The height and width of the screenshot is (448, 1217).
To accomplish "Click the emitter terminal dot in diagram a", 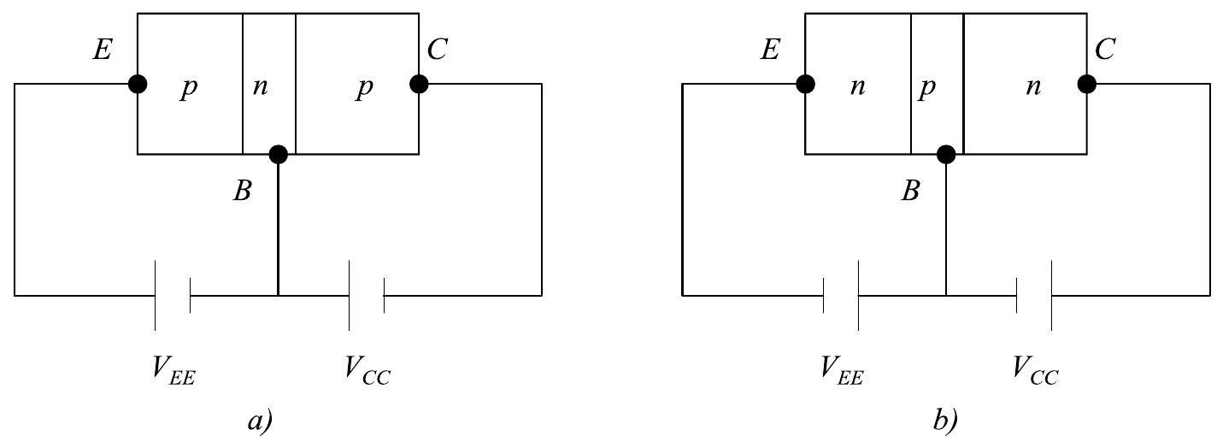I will tap(137, 84).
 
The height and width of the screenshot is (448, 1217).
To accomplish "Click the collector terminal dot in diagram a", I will tap(419, 84).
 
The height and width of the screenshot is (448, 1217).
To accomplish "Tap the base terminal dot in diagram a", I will tap(278, 155).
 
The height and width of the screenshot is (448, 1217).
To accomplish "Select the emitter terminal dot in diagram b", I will tap(804, 84).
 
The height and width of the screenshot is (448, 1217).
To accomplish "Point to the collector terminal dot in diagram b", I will tap(1086, 84).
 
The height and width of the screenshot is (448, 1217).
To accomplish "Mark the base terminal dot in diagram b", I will tap(945, 155).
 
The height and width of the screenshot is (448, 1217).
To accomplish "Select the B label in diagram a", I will tap(243, 192).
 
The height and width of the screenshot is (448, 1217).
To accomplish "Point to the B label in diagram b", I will tap(911, 192).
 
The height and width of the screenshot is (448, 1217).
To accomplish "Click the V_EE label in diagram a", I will tap(173, 370).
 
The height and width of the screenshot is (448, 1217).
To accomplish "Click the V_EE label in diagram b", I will tap(842, 370).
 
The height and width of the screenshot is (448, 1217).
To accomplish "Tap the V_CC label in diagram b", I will tap(1036, 370).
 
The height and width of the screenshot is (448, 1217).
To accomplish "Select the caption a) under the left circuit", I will tap(258, 420).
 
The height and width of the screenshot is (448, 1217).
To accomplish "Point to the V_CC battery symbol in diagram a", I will tap(367, 296).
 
